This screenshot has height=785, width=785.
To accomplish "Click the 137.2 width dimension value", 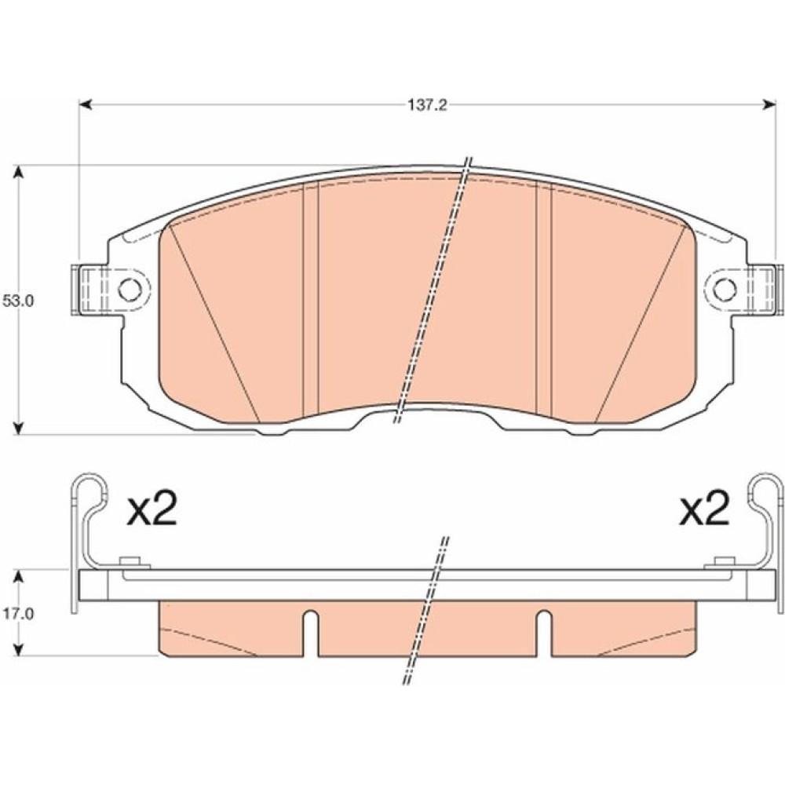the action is [x=425, y=105].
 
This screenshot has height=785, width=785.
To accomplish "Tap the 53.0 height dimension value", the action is [x=17, y=302].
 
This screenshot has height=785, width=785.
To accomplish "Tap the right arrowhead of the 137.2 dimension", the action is [x=769, y=104].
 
